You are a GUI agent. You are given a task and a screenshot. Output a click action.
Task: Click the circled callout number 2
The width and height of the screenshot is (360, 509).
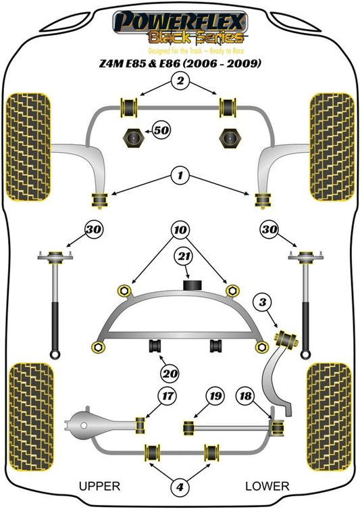[x=180, y=80]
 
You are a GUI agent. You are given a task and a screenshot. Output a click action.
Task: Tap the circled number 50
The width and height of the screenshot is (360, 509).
[x=161, y=130]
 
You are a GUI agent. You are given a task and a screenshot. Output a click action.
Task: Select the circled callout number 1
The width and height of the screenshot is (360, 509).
[x=180, y=176]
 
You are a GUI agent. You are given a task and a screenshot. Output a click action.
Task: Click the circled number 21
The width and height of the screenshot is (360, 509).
[x=184, y=256]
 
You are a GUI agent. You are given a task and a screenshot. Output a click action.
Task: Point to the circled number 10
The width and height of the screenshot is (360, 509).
[x=180, y=230]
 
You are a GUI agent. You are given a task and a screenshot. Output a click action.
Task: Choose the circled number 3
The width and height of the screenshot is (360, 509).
[x=263, y=303]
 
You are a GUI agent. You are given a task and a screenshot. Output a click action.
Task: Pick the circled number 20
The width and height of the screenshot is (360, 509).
[x=170, y=374]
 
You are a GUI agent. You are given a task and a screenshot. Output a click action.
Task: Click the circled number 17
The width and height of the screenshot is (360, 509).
[x=168, y=396]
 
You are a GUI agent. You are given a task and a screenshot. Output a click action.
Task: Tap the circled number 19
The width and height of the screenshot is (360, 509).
[x=215, y=396]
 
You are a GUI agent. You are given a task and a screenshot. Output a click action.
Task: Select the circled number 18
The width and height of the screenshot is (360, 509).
[x=245, y=396]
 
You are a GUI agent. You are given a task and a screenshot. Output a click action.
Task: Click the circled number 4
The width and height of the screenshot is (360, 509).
[x=180, y=487]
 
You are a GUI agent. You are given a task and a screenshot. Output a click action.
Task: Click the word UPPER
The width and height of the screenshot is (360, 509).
[x=99, y=486]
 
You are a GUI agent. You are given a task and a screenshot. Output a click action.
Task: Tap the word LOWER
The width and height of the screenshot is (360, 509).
[x=267, y=486]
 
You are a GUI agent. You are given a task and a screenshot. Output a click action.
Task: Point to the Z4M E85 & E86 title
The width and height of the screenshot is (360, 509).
[x=180, y=63]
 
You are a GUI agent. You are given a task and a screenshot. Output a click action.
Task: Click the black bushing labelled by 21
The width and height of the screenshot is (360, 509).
[x=192, y=285]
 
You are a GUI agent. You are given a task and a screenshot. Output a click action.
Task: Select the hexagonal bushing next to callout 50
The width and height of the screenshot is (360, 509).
[x=131, y=138]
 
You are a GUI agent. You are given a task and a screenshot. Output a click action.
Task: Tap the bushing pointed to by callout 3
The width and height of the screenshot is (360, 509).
[x=286, y=339]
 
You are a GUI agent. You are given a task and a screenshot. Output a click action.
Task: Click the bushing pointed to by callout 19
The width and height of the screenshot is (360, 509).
[x=188, y=427]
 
